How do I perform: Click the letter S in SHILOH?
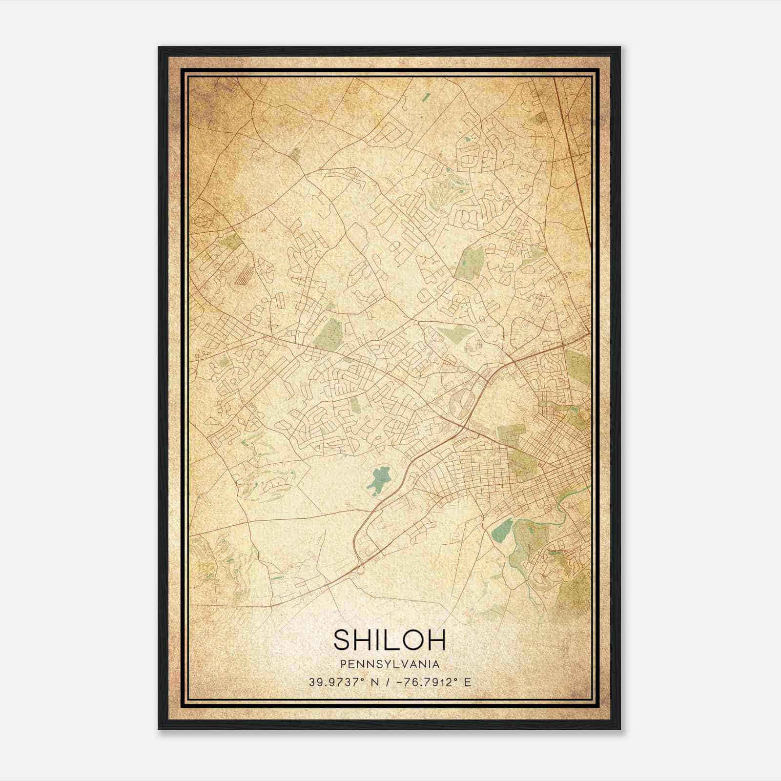pyautogui.click(x=343, y=640)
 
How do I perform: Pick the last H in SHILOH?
pyautogui.click(x=435, y=640)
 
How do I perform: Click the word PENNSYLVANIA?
pyautogui.click(x=390, y=664)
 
